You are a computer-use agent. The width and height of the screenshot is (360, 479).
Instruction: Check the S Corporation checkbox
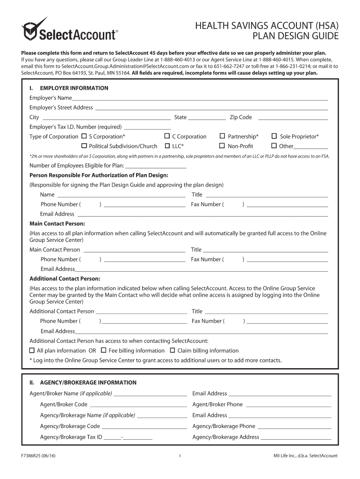coord(84,136)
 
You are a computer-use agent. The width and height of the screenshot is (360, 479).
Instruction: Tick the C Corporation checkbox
coord(167,136)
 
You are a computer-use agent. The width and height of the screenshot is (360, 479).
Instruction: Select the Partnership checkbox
coord(222,136)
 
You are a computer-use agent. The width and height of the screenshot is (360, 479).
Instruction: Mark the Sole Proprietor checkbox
coord(274,136)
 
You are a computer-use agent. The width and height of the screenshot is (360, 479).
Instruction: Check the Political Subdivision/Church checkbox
coord(84,146)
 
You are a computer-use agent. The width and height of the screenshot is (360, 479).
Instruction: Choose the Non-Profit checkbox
coord(222,146)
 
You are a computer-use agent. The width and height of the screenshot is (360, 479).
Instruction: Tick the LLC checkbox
coord(167,146)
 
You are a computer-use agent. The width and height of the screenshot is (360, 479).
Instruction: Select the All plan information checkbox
coord(32,350)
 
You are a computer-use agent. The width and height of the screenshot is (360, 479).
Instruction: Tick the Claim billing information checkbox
coord(173,350)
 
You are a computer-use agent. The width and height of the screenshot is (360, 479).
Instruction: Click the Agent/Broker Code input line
coord(138,406)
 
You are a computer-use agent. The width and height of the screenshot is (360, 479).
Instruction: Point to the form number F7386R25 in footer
coord(35,456)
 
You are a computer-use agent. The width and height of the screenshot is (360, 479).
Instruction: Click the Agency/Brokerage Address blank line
coord(295,439)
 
